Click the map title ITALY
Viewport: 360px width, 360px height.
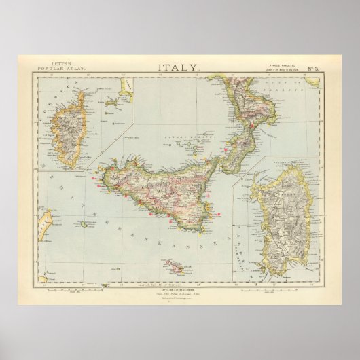[x=179, y=67]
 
